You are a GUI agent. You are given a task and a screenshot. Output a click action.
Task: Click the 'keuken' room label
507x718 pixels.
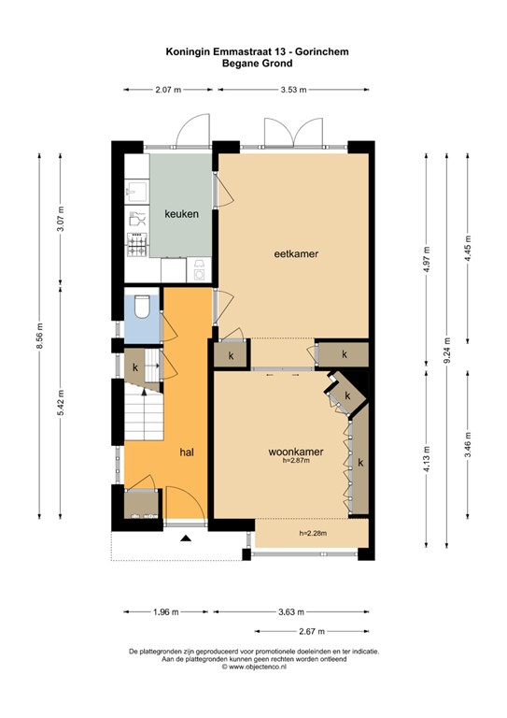[x=181, y=214]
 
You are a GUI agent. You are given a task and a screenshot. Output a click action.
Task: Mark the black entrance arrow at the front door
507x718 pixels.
[x=185, y=538]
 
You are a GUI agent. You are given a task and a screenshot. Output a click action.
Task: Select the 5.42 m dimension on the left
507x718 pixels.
[x=60, y=402]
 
